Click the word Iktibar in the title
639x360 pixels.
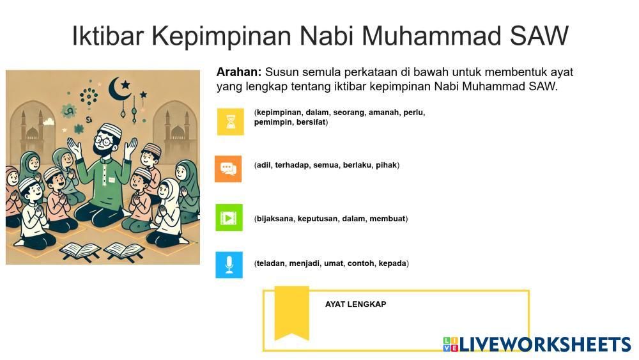[x=107, y=35]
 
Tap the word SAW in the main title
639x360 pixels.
[x=539, y=35]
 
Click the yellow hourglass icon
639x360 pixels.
[x=230, y=121]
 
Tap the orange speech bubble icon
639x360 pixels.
[x=228, y=169]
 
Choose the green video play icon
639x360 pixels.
[x=229, y=217]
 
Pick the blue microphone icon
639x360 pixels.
[x=229, y=265]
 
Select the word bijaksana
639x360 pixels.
[x=275, y=219]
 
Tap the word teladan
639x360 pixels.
[x=270, y=264]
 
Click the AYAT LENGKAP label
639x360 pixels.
[x=355, y=304]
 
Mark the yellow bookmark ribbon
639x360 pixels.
[x=292, y=313]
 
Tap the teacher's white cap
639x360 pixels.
[x=111, y=130]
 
